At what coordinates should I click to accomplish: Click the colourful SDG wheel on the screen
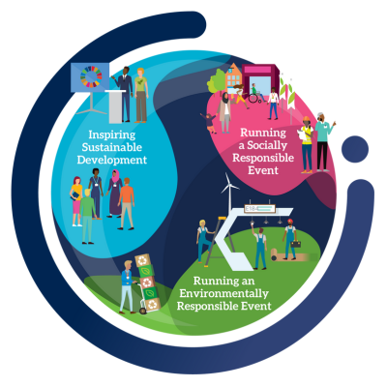coord(91,76)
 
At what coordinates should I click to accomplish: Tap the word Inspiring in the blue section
coord(112,134)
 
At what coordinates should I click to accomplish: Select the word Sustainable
coord(111,147)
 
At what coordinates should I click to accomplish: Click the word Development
coord(112,160)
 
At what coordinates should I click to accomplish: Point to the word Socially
coord(267,145)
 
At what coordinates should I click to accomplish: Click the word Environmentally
coord(223,293)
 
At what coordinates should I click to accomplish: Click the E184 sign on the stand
coord(259,209)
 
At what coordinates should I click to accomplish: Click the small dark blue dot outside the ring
coord(355,149)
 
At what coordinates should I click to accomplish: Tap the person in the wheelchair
coord(255,94)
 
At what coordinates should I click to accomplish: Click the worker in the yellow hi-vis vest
coord(307,144)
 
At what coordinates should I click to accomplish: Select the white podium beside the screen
coord(116,106)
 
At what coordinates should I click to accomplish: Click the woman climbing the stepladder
coord(203,240)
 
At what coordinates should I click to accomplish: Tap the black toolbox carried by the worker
coord(296,244)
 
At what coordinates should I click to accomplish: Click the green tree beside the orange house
coord(217,80)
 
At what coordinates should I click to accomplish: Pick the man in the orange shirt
coord(127,204)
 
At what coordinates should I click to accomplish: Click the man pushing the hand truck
coord(128,287)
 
